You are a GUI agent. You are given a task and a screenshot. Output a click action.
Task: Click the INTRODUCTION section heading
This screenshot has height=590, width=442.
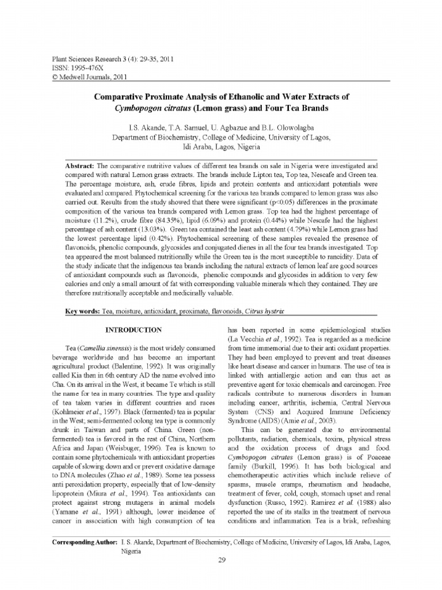pos(132,330)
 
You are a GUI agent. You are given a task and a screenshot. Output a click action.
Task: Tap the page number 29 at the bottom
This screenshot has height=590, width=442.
pos(221,562)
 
